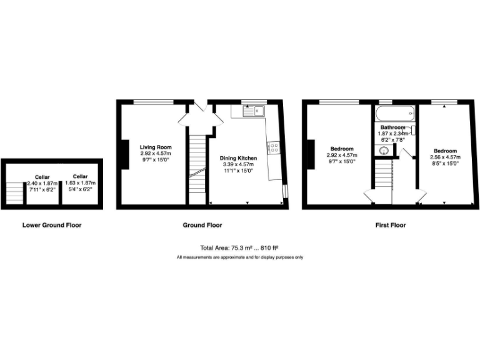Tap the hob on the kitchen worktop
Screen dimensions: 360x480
[x=274, y=147]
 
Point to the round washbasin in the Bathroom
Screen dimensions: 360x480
[x=383, y=150]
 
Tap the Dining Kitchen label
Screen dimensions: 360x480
[x=237, y=158]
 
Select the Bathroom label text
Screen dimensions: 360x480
[x=392, y=127]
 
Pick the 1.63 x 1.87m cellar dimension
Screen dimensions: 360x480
[x=80, y=182]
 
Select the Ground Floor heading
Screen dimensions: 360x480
[x=201, y=225]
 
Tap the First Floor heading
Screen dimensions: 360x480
[x=391, y=225]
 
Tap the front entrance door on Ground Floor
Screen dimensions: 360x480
[x=201, y=106]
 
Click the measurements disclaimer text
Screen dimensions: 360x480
[x=240, y=257]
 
